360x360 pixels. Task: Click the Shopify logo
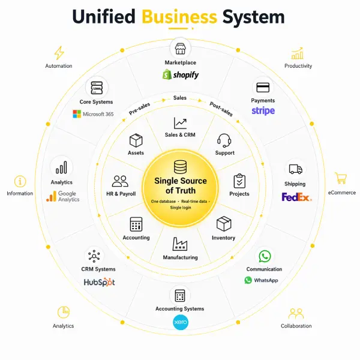pos(180,75)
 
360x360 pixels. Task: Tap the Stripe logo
pos(263,111)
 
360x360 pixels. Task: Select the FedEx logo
pos(296,196)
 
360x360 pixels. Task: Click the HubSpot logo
pos(98,281)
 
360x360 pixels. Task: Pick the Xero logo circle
pos(180,322)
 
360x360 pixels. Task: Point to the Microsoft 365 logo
pos(93,114)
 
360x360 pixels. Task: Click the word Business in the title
pos(179,17)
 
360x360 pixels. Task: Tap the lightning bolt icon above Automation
pos(59,53)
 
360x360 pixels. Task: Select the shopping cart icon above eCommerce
pos(341,178)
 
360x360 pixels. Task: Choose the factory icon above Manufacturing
pos(180,244)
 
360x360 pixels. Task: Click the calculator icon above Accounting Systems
pos(179,296)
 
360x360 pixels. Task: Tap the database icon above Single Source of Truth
pos(180,167)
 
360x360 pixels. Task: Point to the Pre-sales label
pos(139,109)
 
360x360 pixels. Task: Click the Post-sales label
pos(221,109)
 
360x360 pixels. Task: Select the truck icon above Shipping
pos(295,170)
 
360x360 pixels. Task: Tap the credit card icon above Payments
pos(263,87)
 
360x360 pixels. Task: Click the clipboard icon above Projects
pos(239,181)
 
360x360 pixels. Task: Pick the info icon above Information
pos(20,181)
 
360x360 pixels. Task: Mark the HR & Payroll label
pos(121,194)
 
